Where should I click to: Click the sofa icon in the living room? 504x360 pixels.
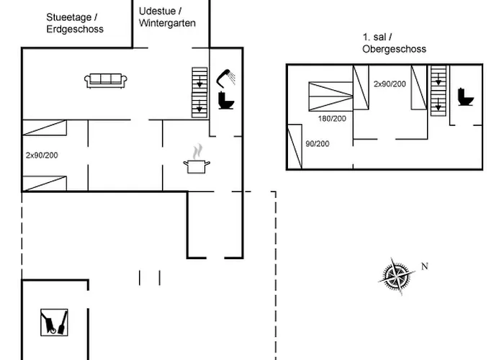pos(106,81)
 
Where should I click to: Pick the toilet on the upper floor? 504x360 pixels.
pos(464,96)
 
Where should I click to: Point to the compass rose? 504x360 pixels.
pos(397,276)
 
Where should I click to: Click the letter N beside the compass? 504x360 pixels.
pos(425,266)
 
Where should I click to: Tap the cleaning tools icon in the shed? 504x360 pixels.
pos(54,321)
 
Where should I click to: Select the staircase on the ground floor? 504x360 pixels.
pos(199,91)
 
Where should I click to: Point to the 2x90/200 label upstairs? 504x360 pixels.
pos(390,84)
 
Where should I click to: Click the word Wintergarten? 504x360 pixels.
pos(166,23)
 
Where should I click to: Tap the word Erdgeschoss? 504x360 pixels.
pos(75,30)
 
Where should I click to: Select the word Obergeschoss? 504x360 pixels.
pos(394,49)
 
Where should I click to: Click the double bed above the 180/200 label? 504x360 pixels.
pos(330,94)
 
